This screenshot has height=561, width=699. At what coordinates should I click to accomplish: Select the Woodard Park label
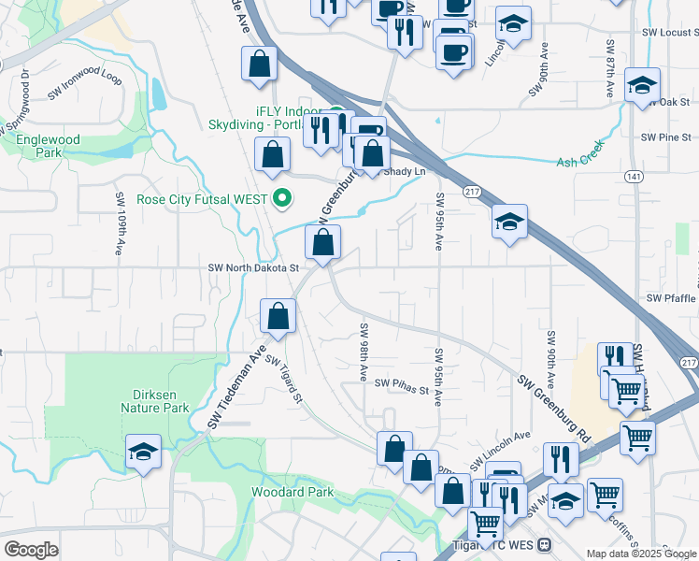[292, 492]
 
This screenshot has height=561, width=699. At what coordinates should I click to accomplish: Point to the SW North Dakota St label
[252, 267]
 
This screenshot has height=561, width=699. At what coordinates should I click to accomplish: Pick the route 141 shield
[635, 177]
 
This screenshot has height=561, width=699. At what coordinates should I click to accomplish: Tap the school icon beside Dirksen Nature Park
[144, 453]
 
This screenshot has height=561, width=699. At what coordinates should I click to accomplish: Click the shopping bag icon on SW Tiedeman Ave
[278, 316]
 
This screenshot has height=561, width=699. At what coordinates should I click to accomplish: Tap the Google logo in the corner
[32, 550]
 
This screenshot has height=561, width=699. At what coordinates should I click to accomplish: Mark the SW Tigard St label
[284, 378]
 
